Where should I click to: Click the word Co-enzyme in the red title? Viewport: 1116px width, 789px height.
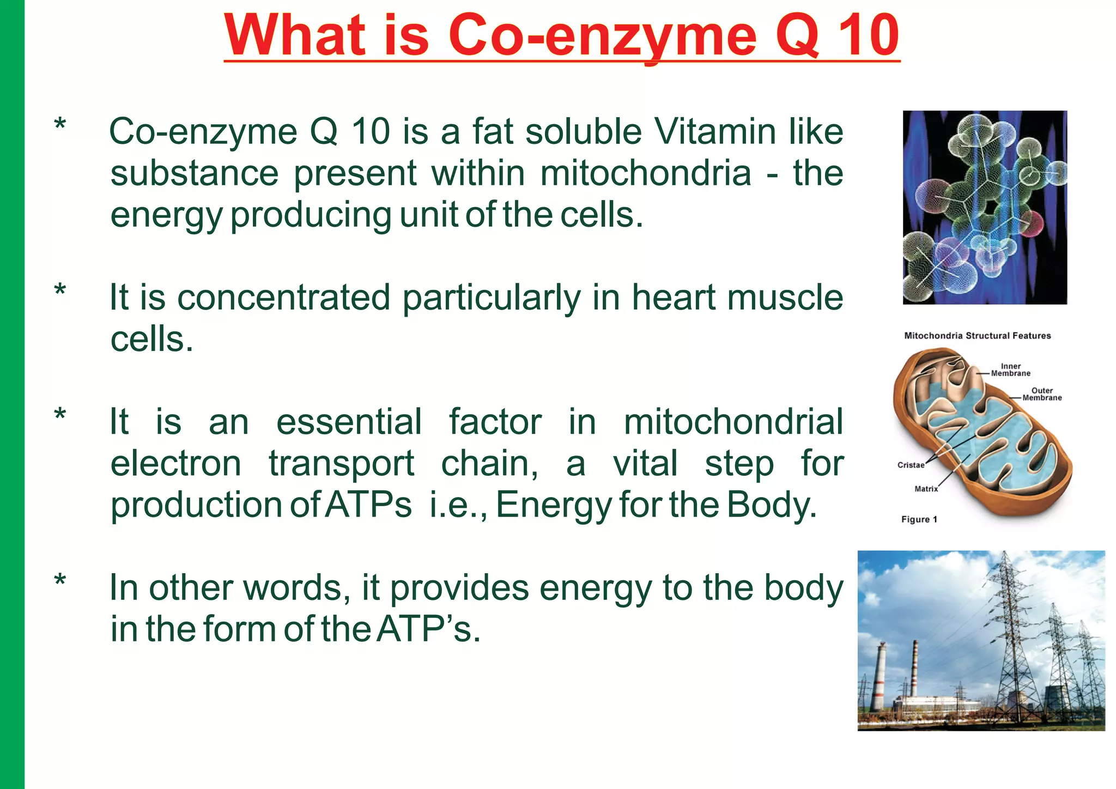[x=602, y=35]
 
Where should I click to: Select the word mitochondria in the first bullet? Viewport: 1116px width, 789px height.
[x=645, y=173]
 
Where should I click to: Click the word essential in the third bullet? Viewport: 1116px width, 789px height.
[x=349, y=422]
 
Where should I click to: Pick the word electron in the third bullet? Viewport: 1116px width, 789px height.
[x=175, y=463]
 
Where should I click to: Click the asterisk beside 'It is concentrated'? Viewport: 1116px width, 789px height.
[x=60, y=290]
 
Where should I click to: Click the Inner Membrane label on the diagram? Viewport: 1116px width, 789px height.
[x=1010, y=370]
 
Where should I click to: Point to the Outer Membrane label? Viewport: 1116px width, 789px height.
[x=1042, y=394]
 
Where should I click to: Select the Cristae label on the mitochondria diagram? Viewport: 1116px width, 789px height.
[x=911, y=465]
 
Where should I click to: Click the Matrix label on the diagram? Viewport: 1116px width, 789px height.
[x=926, y=489]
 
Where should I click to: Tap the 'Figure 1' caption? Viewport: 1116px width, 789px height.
[x=919, y=519]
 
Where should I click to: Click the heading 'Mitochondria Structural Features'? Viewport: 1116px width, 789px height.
[x=977, y=336]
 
